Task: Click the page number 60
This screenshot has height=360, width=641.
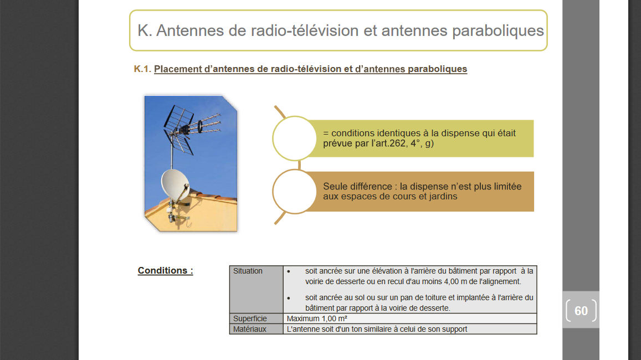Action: tap(581, 311)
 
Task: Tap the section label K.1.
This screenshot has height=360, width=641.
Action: tap(142, 69)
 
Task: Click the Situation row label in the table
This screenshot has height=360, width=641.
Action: tap(248, 271)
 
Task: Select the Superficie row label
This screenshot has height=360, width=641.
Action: tap(250, 318)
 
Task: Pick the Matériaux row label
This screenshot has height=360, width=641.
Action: tap(249, 329)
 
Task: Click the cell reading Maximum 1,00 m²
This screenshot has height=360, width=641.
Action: tap(317, 318)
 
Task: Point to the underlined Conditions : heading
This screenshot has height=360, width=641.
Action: tap(165, 270)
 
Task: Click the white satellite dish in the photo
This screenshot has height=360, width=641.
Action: tap(175, 184)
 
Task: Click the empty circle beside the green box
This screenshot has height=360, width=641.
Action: tap(294, 138)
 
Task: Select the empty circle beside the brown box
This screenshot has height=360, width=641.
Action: tap(294, 192)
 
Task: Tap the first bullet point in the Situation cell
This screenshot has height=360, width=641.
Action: tap(289, 271)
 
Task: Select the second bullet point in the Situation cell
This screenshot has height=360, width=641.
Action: tap(289, 298)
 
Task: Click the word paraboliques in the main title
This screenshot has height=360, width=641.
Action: tap(498, 31)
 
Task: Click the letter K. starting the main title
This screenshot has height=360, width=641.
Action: tap(145, 30)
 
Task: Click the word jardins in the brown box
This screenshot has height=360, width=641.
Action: tap(443, 197)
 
